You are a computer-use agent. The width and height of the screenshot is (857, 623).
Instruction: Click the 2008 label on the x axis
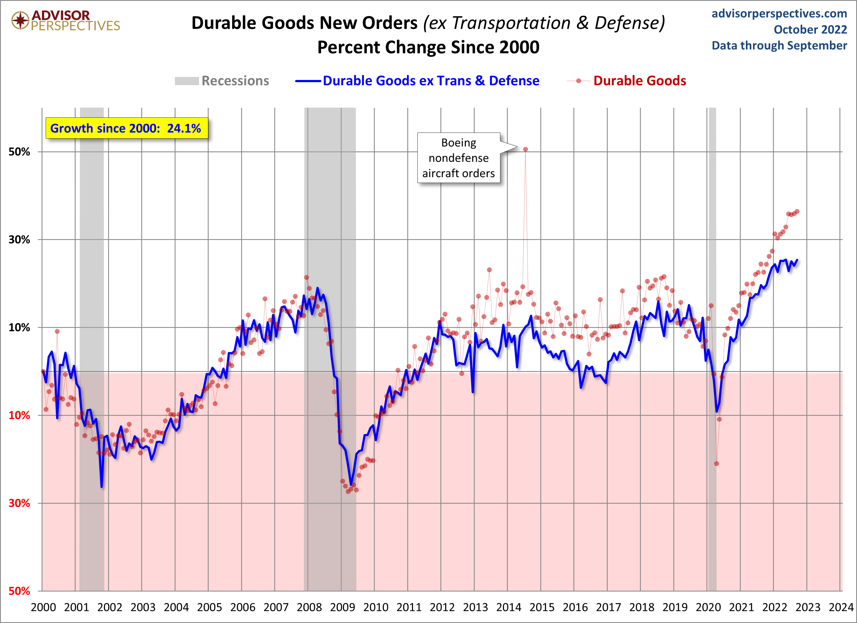pyautogui.click(x=309, y=607)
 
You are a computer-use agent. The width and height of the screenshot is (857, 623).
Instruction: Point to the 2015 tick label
pyautogui.click(x=542, y=607)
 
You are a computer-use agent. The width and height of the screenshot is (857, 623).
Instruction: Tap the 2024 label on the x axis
pyautogui.click(x=841, y=607)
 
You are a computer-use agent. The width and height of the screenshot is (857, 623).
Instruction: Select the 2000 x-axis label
pyautogui.click(x=43, y=607)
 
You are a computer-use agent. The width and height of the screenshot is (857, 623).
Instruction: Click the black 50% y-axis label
pyautogui.click(x=19, y=152)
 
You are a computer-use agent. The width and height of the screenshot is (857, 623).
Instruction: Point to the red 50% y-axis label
pyautogui.click(x=19, y=591)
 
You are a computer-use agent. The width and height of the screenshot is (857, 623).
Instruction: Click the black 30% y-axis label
pyautogui.click(x=19, y=240)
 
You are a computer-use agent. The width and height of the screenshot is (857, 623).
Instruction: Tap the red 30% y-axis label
pyautogui.click(x=19, y=503)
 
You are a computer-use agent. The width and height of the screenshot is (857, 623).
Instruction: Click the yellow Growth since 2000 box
pyautogui.click(x=126, y=128)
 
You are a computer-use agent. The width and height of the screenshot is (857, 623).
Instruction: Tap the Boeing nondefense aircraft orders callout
pyautogui.click(x=458, y=158)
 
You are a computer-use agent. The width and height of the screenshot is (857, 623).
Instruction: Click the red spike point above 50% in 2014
pyautogui.click(x=526, y=149)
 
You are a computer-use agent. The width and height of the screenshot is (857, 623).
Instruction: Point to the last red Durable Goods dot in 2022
pyautogui.click(x=797, y=212)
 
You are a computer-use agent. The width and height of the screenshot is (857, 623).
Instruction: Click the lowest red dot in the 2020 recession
pyautogui.click(x=716, y=463)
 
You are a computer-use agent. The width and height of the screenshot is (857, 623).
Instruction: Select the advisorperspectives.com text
pyautogui.click(x=779, y=14)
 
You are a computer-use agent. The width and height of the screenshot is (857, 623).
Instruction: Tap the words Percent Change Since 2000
pyautogui.click(x=428, y=47)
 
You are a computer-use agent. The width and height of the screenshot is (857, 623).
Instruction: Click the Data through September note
pyautogui.click(x=779, y=45)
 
